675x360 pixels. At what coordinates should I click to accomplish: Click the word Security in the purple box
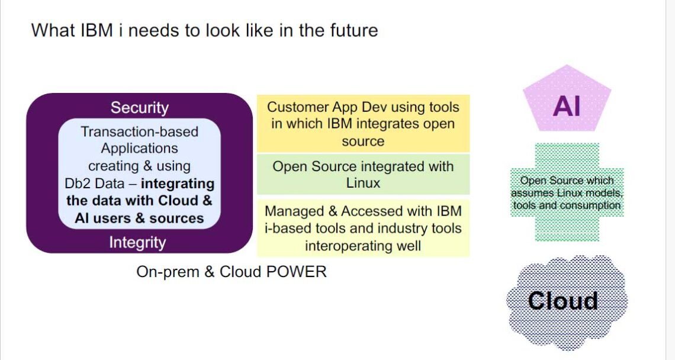139,108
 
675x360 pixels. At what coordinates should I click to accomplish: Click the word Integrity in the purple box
137,242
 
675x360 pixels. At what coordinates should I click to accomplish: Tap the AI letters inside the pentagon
567,106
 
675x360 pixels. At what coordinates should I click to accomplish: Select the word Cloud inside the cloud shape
562,301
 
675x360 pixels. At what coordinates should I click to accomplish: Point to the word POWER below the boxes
295,272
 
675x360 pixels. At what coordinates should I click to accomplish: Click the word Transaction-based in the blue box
139,131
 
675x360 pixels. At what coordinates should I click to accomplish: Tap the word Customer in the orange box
297,107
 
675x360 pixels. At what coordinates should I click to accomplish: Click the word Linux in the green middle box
363,183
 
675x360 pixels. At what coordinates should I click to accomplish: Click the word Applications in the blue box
139,148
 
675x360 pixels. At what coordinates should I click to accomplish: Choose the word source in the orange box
363,141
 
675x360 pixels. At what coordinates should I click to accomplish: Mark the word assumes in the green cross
530,193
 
